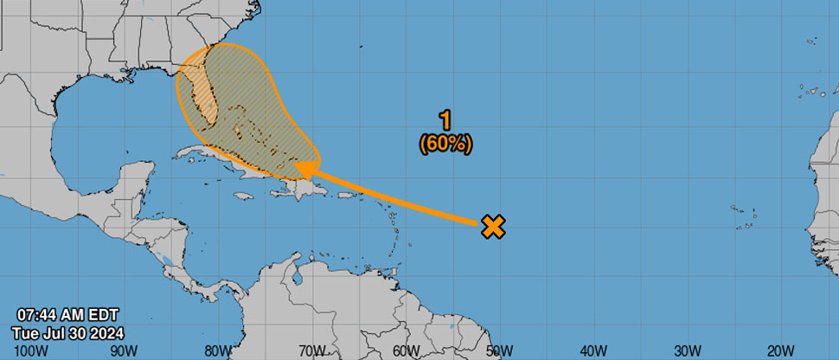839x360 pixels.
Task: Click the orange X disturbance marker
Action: click(493, 227)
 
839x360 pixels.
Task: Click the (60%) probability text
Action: click(445, 145)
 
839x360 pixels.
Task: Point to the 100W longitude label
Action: click(29, 350)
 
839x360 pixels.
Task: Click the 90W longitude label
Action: click(124, 350)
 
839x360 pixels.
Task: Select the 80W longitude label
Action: click(218, 350)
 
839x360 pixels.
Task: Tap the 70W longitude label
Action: click(311, 350)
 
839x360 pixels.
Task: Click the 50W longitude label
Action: click(499, 350)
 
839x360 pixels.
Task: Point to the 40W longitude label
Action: click(593, 350)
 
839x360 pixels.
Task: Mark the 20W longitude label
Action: click(780, 350)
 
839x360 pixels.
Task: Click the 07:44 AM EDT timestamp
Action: click(67, 316)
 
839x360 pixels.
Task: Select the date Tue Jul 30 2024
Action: click(68, 333)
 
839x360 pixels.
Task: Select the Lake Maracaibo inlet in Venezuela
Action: click(296, 279)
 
